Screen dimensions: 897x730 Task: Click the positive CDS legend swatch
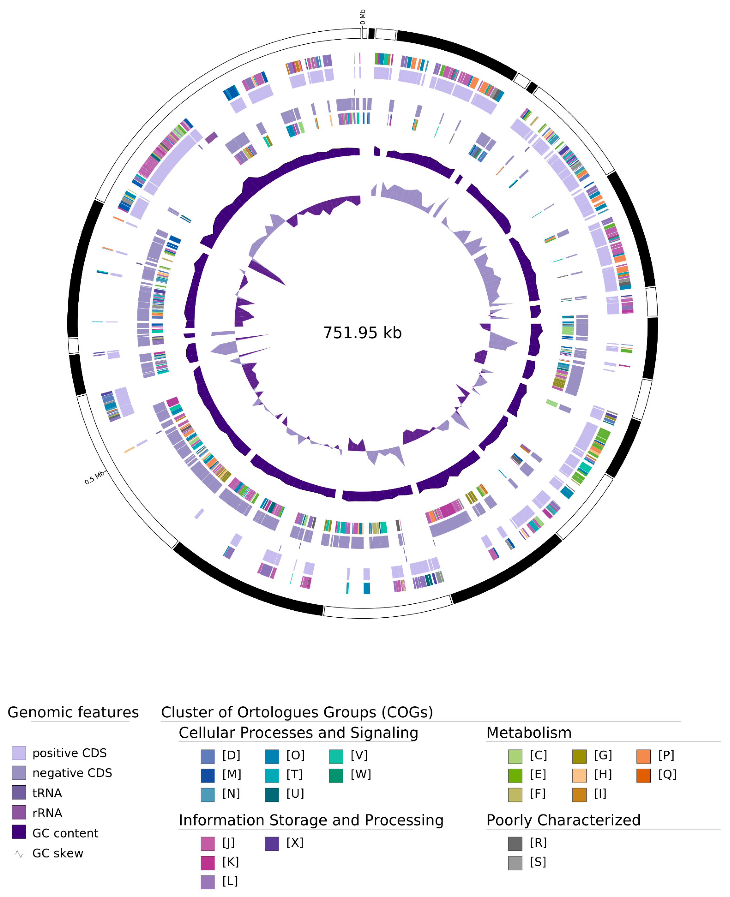tap(19, 753)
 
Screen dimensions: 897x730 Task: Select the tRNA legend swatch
tap(19, 793)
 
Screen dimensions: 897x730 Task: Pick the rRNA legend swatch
tap(19, 813)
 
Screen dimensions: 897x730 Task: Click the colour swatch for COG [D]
tap(208, 756)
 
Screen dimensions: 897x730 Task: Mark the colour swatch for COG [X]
tap(272, 843)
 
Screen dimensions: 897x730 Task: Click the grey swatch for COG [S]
tap(515, 863)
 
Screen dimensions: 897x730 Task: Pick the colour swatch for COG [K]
tap(208, 863)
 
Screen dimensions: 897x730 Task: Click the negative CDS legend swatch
tap(19, 772)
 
